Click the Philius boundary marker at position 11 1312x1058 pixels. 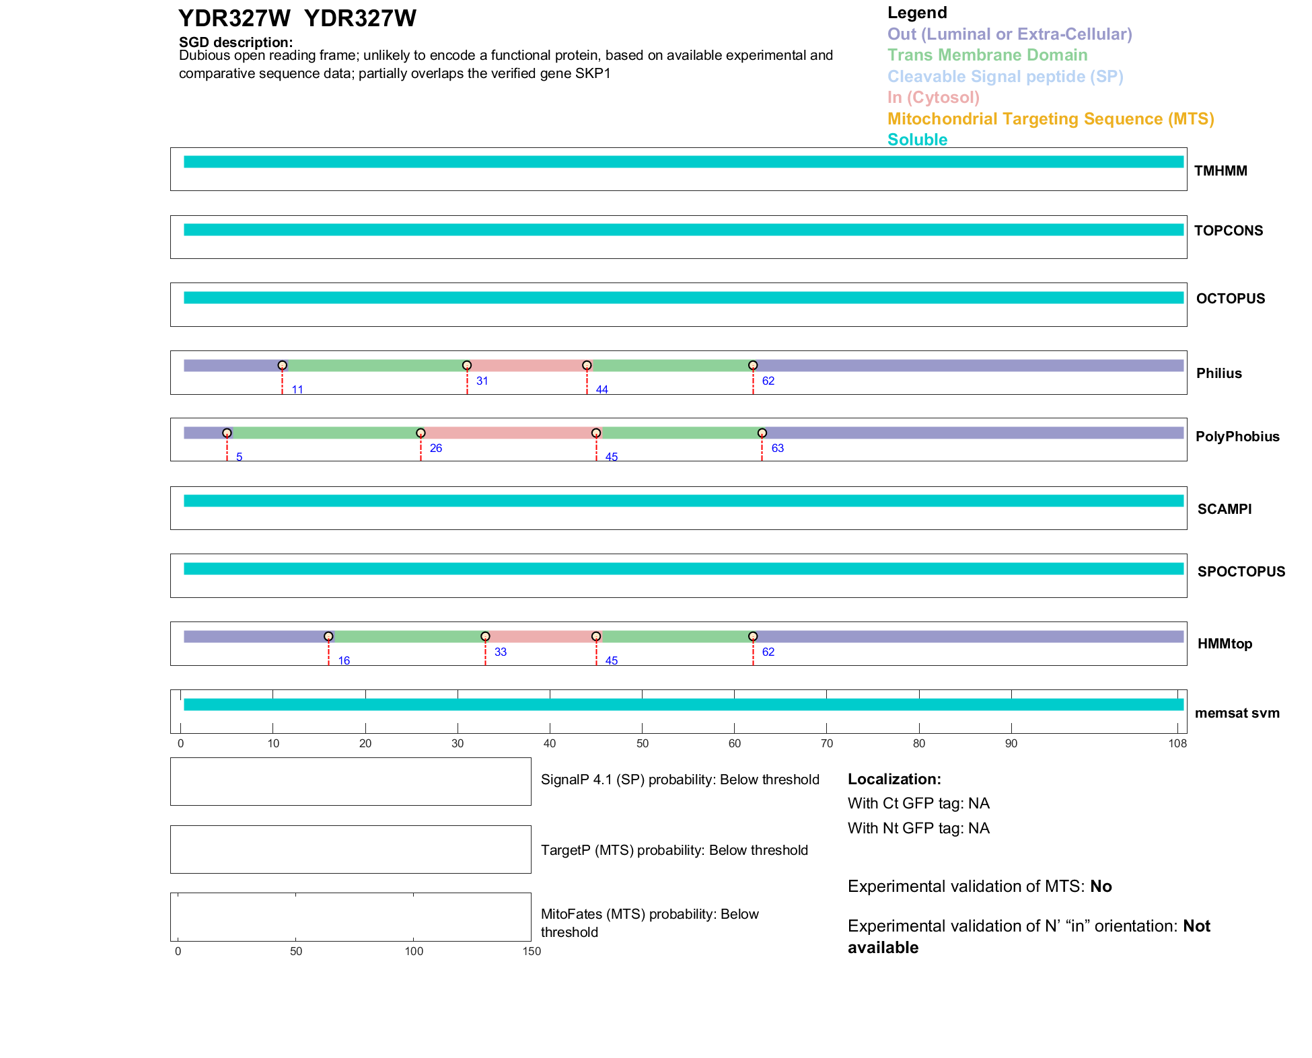[x=283, y=365]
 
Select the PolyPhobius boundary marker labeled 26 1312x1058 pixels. [x=421, y=433]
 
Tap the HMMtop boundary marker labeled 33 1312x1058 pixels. [x=485, y=636]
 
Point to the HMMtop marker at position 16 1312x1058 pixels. [x=328, y=636]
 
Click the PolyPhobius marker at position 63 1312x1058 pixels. [x=762, y=433]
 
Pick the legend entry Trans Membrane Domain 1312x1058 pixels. [x=987, y=55]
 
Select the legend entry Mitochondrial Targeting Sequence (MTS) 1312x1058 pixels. [x=1050, y=119]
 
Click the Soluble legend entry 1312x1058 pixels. [x=917, y=140]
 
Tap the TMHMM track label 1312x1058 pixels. [x=1220, y=171]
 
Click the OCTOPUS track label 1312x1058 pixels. [x=1230, y=299]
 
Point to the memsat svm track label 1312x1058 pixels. [x=1237, y=713]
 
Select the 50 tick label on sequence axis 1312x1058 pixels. [x=643, y=743]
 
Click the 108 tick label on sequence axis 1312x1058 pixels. [x=1177, y=743]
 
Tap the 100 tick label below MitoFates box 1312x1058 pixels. [x=414, y=951]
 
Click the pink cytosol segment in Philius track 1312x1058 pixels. [x=527, y=366]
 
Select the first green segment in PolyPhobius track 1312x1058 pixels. [x=324, y=433]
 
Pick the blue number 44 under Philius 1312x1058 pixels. [x=602, y=389]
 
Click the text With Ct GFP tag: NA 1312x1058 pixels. [x=918, y=804]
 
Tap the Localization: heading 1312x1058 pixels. [x=894, y=779]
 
